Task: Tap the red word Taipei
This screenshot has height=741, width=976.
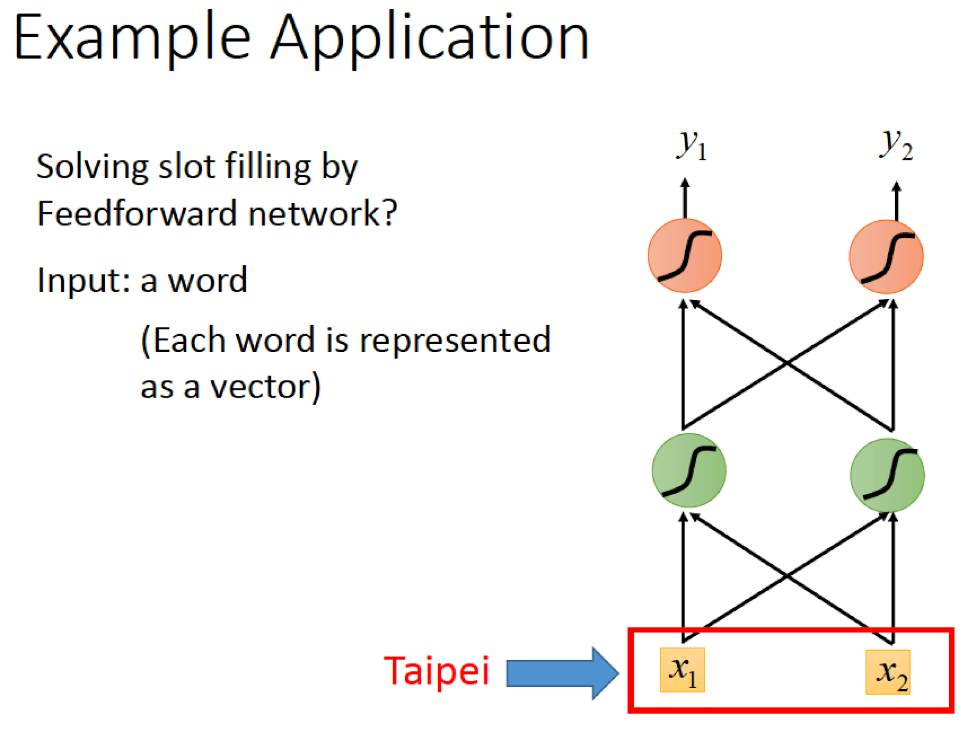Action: coord(436,671)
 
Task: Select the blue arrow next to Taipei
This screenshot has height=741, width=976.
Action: coord(562,673)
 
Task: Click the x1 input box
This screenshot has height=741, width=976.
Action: coord(682,670)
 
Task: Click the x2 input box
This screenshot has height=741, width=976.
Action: coord(888,672)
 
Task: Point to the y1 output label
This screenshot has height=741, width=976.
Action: coord(692,145)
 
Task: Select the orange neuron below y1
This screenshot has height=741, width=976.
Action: coord(685,256)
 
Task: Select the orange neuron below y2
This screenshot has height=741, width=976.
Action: coord(886,257)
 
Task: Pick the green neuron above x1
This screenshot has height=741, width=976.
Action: coord(689,470)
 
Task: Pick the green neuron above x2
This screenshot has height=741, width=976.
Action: coord(888,475)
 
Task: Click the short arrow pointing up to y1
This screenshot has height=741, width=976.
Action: coord(685,198)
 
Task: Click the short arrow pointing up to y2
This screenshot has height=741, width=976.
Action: coord(897,201)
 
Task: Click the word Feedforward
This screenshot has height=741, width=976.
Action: coord(137,213)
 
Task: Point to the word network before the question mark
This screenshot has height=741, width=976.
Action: coord(314,213)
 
